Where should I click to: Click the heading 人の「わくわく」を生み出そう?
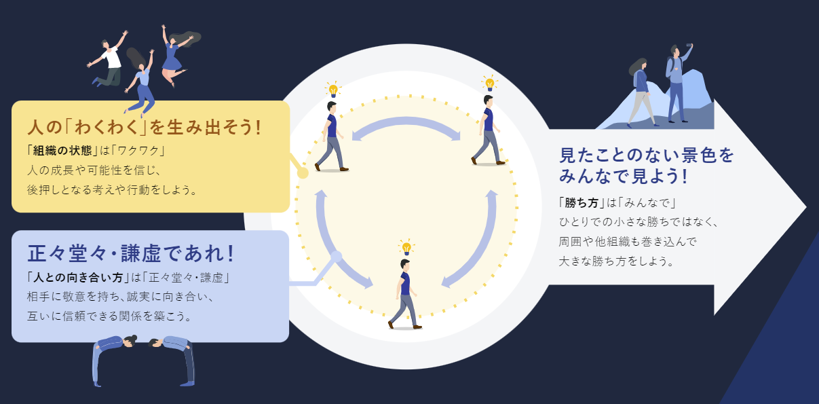tap(144, 128)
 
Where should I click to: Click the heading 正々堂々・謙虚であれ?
tap(131, 253)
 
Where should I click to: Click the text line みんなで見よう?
tap(624, 177)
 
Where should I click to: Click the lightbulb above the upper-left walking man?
tap(332, 90)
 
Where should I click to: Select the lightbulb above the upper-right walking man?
tap(489, 84)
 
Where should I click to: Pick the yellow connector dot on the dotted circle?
tap(303, 173)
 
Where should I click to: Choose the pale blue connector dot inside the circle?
tap(335, 257)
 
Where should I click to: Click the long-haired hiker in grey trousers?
tap(641, 92)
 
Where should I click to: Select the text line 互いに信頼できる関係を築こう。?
tap(109, 316)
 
